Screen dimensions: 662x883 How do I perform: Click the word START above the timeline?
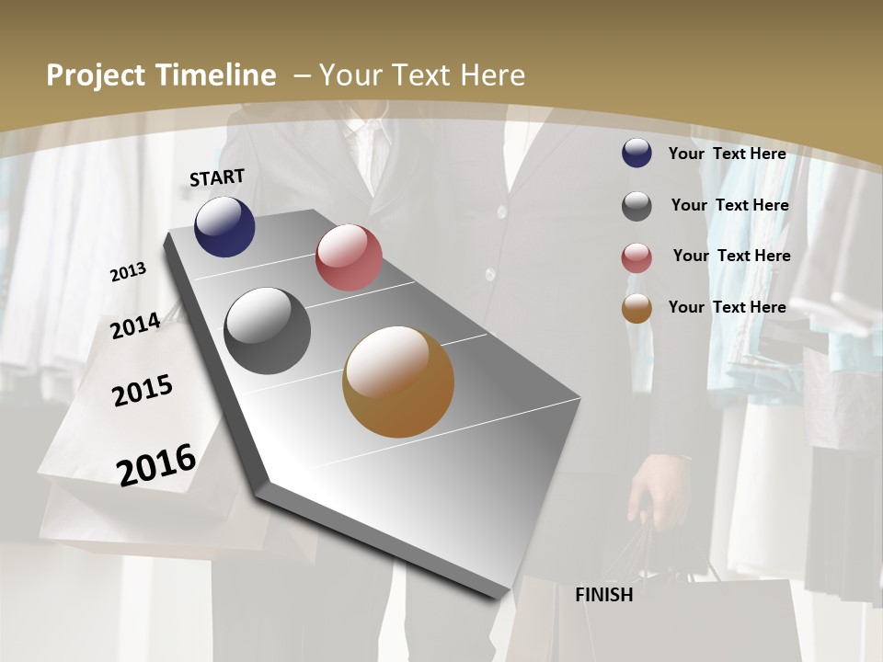(x=217, y=177)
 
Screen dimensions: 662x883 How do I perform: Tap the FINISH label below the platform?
(x=603, y=595)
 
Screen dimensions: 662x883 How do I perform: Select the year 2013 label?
(x=128, y=272)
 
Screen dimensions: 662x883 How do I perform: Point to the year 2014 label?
(x=135, y=325)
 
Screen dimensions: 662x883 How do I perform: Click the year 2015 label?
(x=143, y=391)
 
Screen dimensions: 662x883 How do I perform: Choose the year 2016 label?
(x=156, y=464)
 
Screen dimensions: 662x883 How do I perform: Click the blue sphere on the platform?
(x=224, y=226)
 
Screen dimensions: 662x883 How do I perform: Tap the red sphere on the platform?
(x=349, y=257)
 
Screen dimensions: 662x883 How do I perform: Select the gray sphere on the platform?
(x=268, y=331)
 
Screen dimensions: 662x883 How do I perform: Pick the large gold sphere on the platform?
(x=398, y=382)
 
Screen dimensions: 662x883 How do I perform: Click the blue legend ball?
(x=636, y=154)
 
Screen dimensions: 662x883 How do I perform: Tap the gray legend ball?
(x=636, y=206)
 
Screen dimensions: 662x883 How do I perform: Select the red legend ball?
(x=636, y=257)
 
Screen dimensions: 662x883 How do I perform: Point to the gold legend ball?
(x=636, y=309)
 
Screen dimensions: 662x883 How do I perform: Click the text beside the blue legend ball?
(x=727, y=154)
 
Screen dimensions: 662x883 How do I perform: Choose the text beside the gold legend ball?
(x=727, y=307)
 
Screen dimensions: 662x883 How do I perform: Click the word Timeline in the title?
(x=216, y=75)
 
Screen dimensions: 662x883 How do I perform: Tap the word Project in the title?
(x=95, y=75)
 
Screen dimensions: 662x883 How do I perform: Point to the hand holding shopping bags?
(x=658, y=487)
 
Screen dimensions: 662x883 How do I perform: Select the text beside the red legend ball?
(x=731, y=256)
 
